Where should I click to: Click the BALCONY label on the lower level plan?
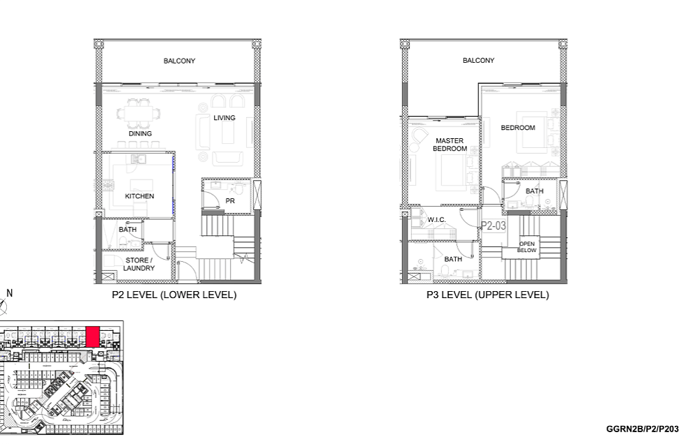(179, 61)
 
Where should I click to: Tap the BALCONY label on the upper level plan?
(478, 60)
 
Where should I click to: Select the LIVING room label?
(224, 118)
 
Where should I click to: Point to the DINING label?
(140, 133)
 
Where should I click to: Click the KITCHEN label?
(139, 196)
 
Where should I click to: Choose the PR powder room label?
(230, 201)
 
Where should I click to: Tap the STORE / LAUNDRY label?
(139, 264)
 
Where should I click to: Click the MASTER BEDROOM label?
(450, 145)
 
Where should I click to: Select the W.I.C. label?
(436, 219)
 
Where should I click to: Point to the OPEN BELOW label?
(526, 247)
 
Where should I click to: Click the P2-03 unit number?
(494, 226)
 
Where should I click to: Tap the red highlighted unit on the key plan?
(93, 336)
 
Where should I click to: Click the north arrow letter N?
(10, 293)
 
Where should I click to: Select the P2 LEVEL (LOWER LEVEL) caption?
(174, 295)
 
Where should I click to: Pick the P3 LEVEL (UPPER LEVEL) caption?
(487, 295)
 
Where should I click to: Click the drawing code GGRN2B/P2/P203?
(643, 429)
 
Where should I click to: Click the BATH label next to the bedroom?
(535, 191)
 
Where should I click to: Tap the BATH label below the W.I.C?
(453, 260)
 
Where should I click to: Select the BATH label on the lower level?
(128, 230)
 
